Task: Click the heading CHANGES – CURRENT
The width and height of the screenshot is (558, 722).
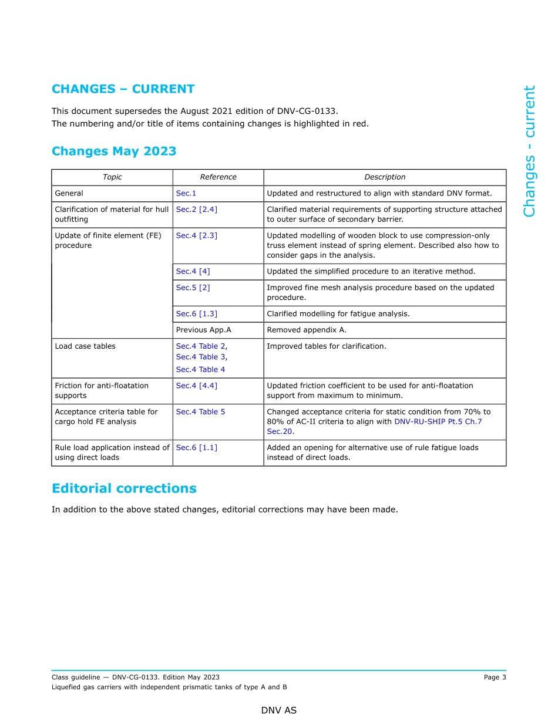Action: click(x=123, y=89)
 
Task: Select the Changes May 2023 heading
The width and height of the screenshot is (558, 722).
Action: click(x=114, y=151)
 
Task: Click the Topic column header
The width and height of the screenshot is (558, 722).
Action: click(x=112, y=177)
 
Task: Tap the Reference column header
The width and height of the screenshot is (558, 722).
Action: click(x=218, y=177)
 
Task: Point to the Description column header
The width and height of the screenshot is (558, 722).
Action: click(x=385, y=177)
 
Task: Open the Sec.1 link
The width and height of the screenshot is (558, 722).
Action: click(x=186, y=193)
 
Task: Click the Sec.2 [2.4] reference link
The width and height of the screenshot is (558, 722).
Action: click(x=196, y=210)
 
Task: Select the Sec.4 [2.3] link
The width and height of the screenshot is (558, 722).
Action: click(x=196, y=235)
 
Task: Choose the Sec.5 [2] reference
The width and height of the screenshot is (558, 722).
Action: click(x=193, y=288)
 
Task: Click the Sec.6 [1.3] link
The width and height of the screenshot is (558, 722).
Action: click(x=196, y=314)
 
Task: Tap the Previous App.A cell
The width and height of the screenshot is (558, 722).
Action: click(x=203, y=330)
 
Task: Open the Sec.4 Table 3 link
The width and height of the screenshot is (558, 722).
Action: click(x=201, y=357)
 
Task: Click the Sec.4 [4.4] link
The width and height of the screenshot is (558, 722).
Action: click(x=196, y=386)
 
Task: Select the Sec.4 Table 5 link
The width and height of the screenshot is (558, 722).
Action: click(x=200, y=412)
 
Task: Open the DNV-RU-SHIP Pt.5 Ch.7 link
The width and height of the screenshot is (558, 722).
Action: click(x=438, y=421)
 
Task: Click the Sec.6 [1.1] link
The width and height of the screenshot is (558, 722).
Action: click(x=196, y=448)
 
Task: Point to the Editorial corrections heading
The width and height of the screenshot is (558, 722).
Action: click(x=124, y=488)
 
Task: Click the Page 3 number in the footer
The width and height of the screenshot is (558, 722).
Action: click(x=495, y=677)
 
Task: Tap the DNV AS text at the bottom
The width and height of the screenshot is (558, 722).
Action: click(x=279, y=710)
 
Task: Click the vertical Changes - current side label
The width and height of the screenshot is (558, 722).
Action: click(x=529, y=151)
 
